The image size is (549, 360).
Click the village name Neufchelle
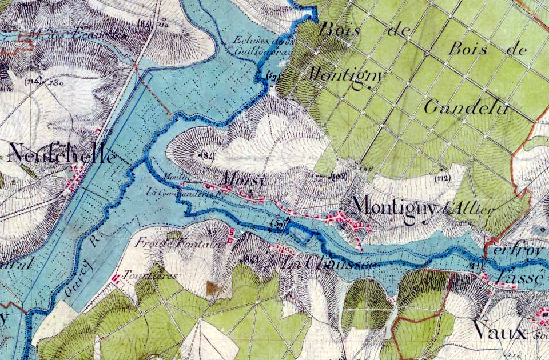pyautogui.click(x=62, y=154)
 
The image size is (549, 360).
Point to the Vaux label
pyautogui.click(x=500, y=330)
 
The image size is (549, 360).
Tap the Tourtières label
pyautogui.click(x=150, y=275)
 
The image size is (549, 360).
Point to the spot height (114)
pyautogui.click(x=34, y=81)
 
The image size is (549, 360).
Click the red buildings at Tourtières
pyautogui.click(x=116, y=278)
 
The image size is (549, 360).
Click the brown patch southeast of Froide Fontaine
pyautogui.click(x=214, y=287)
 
